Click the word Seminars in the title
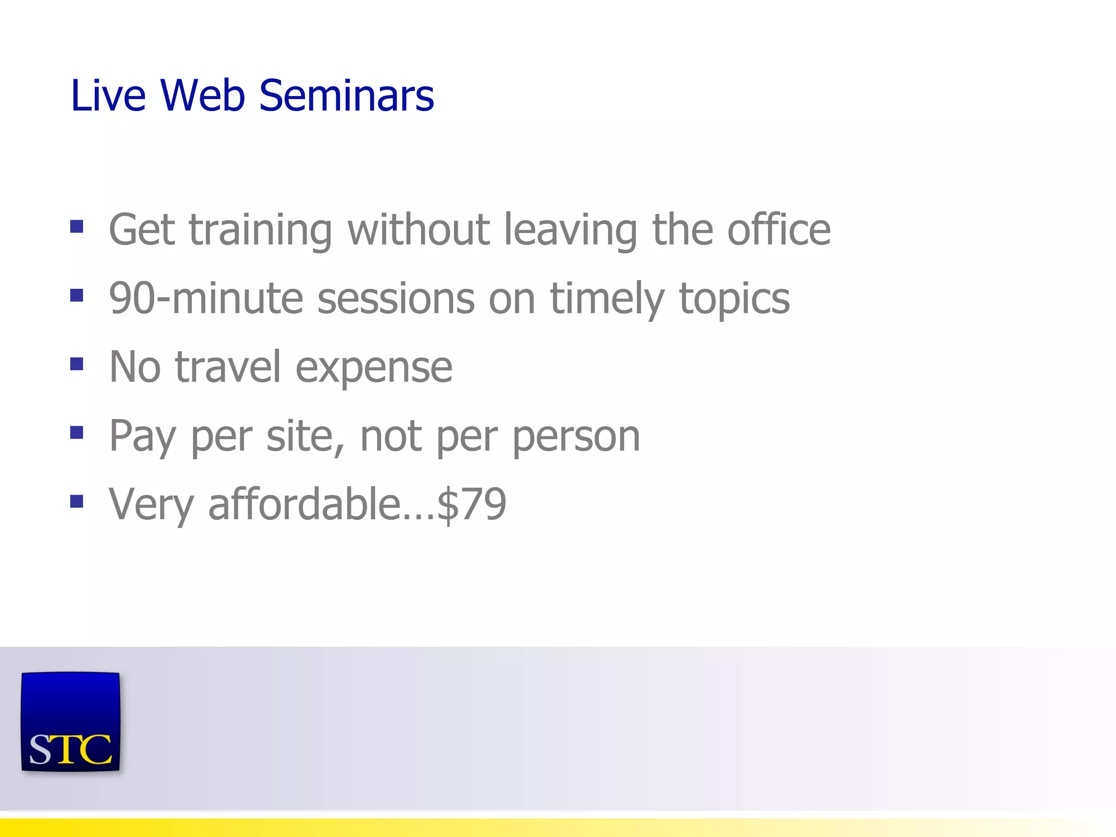point(346,96)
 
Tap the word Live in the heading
point(108,96)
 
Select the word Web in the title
point(202,96)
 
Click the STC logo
point(70,721)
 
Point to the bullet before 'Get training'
point(77,226)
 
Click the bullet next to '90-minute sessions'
point(77,295)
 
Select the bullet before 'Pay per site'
point(77,433)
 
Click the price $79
point(472,504)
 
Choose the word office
point(779,229)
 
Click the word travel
point(228,367)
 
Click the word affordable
point(305,504)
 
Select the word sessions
point(396,299)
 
